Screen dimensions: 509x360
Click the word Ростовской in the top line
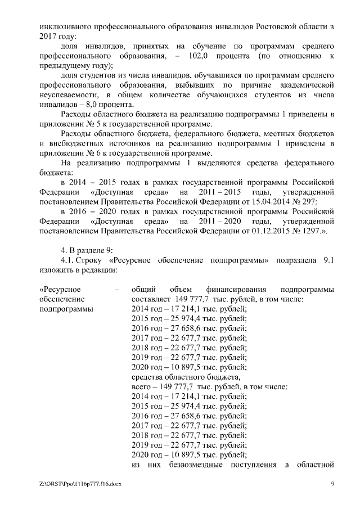[x=281, y=26]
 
